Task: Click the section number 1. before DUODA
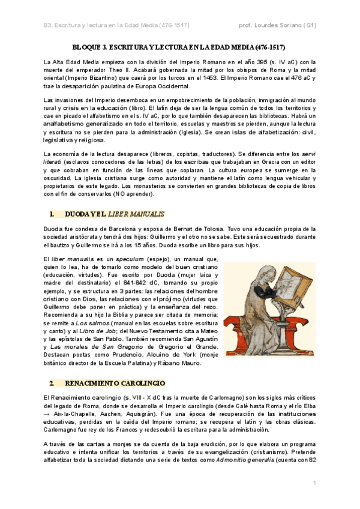click(x=52, y=213)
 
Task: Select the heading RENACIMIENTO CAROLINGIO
click(x=114, y=383)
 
